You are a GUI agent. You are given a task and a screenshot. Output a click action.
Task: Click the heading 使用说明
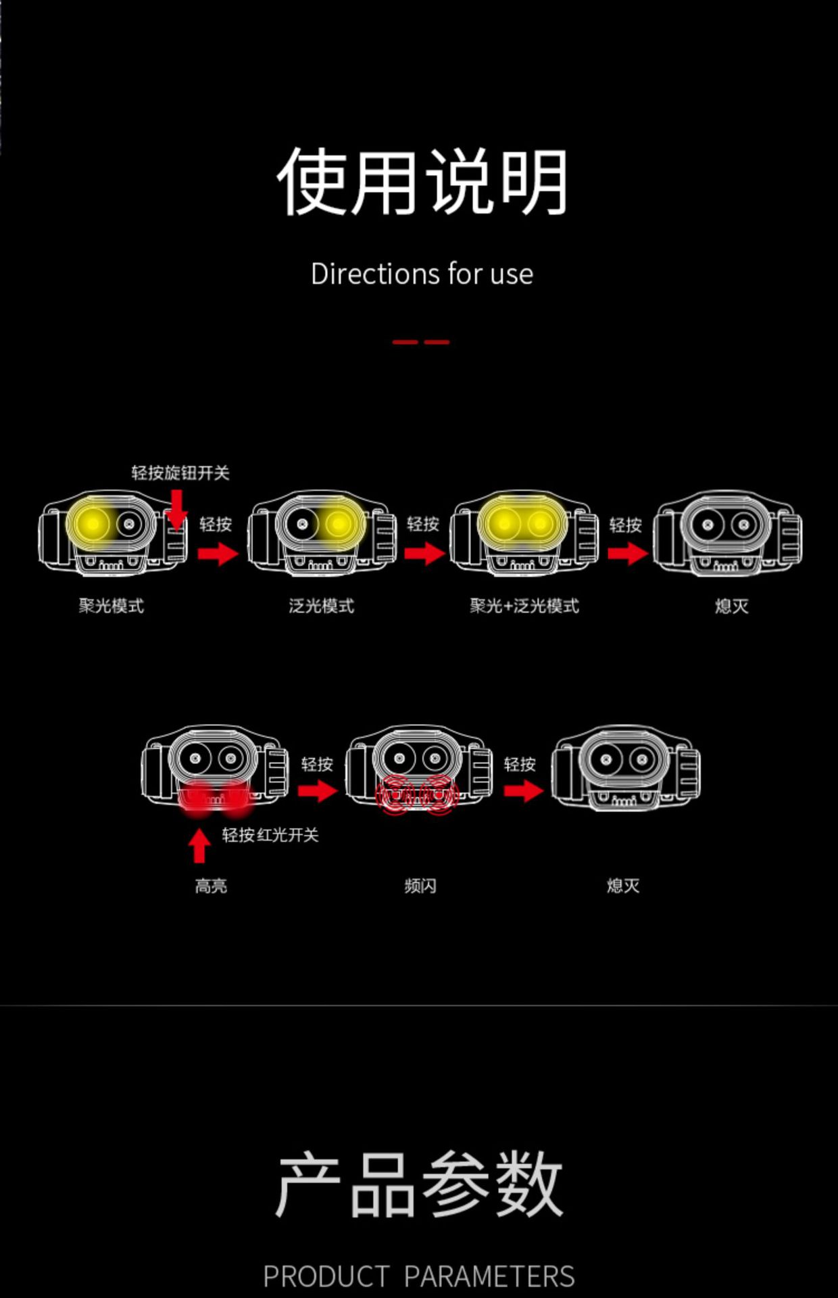click(422, 182)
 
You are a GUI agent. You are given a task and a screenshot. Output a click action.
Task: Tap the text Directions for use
click(422, 274)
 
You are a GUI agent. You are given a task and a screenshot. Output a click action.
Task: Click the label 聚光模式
click(112, 606)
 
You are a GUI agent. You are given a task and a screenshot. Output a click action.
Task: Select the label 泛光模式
click(322, 606)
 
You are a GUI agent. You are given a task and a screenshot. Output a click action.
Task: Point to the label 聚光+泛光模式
click(524, 606)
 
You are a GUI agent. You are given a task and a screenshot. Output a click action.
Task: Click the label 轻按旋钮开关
click(180, 473)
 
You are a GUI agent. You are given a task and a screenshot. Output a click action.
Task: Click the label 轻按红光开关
click(270, 835)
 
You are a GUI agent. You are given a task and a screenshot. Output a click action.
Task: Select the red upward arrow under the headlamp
click(199, 846)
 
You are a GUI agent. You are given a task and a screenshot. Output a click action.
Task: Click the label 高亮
click(211, 886)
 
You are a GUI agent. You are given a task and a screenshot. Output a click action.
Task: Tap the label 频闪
click(420, 886)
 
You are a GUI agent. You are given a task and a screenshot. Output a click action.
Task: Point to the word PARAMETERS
click(489, 1276)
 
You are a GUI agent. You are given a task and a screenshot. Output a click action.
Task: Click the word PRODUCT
click(326, 1276)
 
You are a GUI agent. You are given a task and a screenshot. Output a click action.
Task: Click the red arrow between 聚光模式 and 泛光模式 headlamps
click(218, 554)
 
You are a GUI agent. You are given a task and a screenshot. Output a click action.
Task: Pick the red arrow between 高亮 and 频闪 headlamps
click(317, 790)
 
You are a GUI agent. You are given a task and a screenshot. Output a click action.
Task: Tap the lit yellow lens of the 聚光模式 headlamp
click(92, 524)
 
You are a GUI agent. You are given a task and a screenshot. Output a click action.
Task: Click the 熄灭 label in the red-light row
click(623, 886)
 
